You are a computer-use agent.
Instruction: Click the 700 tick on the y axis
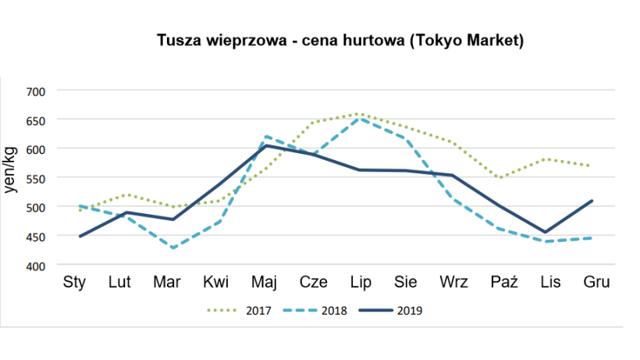37,91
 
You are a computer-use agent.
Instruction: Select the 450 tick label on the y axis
37,237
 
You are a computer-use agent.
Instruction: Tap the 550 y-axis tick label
37,179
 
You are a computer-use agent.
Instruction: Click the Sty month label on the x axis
74,282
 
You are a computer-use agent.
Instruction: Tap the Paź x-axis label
500,282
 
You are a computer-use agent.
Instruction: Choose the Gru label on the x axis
596,282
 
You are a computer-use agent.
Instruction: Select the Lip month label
359,282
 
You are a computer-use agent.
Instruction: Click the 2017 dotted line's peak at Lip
359,114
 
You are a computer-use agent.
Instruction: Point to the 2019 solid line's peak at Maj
265,145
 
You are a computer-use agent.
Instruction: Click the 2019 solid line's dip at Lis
547,232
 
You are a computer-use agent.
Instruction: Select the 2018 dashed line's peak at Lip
359,119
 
